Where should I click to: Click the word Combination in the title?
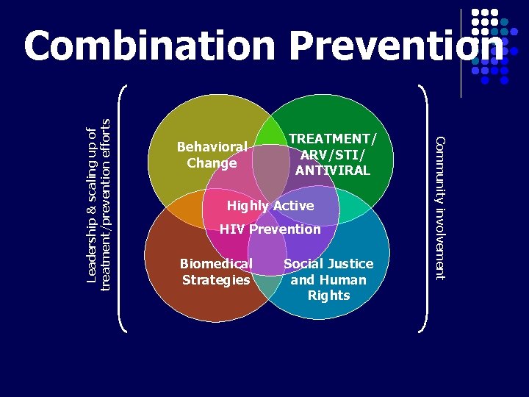[149, 47]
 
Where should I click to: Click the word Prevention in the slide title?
[397, 47]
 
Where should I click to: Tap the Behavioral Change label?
[212, 155]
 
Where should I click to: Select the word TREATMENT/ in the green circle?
[332, 138]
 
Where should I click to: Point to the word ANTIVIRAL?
[332, 171]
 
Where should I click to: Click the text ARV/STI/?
[332, 154]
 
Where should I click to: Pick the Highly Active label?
[270, 206]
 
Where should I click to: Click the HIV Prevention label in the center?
[270, 229]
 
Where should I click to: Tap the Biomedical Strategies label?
[216, 271]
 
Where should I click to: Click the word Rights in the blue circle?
[328, 296]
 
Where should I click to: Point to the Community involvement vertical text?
[439, 208]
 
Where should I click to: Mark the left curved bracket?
[123, 208]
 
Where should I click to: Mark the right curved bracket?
[425, 208]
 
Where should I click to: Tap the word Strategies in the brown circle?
[216, 280]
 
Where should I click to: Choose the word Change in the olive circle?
[212, 163]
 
